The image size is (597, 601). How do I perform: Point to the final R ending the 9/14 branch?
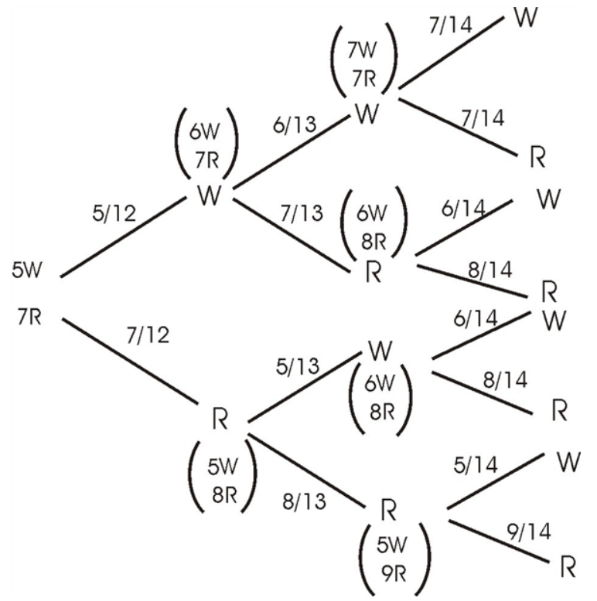click(567, 569)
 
